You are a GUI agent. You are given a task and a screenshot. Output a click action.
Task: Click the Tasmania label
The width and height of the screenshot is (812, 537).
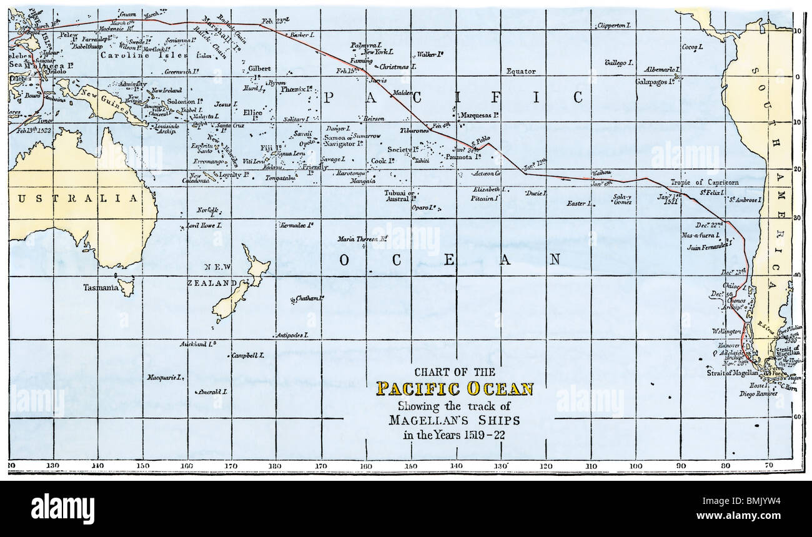click(x=101, y=288)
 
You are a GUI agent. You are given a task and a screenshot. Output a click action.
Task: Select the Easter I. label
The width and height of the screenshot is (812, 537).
click(x=579, y=204)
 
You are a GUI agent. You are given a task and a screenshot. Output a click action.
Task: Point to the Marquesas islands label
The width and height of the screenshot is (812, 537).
click(x=479, y=116)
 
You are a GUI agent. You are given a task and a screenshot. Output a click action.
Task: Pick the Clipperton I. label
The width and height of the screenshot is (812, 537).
click(x=615, y=26)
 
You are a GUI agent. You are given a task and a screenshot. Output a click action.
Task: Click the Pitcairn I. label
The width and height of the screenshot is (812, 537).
click(x=485, y=199)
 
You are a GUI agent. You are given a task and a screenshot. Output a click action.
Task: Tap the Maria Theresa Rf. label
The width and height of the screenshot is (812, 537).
click(x=363, y=239)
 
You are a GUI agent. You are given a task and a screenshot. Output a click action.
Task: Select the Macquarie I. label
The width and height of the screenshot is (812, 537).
click(x=165, y=377)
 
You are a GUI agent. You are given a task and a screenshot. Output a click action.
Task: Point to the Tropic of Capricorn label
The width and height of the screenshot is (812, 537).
click(x=705, y=182)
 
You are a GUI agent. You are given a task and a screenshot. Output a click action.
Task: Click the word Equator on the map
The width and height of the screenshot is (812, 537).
click(x=521, y=71)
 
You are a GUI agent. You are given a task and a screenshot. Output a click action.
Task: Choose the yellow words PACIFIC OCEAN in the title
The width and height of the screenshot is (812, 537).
click(x=454, y=389)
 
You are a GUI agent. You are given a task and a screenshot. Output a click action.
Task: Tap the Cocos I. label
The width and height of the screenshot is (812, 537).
click(x=693, y=47)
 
